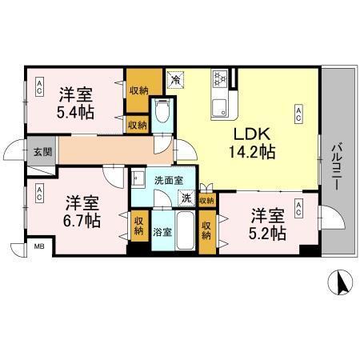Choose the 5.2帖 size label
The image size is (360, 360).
(267, 233)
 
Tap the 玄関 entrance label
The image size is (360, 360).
(42, 150)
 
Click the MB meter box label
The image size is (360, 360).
(38, 248)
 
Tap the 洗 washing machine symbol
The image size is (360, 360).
(185, 198)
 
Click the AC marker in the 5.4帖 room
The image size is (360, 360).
(38, 88)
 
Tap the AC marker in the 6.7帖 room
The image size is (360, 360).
(38, 193)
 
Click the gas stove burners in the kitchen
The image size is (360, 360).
(220, 78)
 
